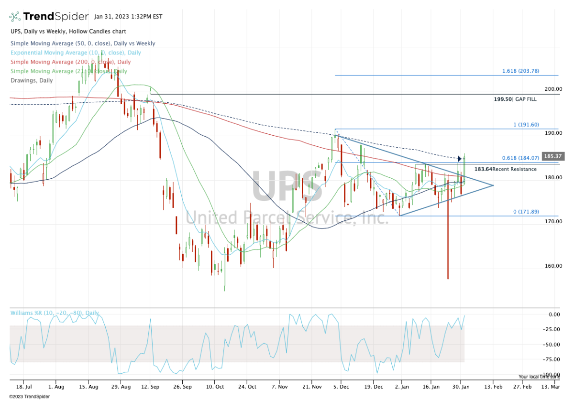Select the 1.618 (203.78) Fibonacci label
(x=520, y=71)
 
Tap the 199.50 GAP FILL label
(x=515, y=99)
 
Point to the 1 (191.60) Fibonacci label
(x=526, y=125)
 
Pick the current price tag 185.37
(x=552, y=156)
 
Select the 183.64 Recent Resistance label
(x=505, y=169)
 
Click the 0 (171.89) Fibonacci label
(x=526, y=211)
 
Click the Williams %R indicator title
(x=55, y=313)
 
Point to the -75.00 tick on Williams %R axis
(x=552, y=359)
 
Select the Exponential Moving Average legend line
(x=76, y=53)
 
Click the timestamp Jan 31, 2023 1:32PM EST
(x=128, y=17)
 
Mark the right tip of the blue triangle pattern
(x=493, y=185)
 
